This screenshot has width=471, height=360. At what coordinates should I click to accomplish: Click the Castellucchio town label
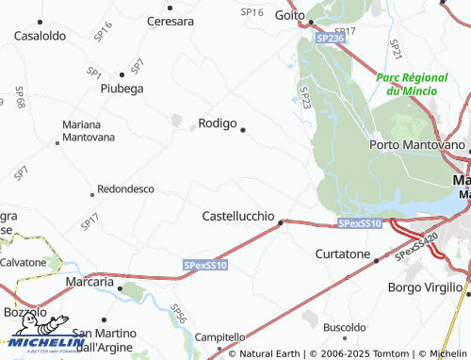[x=238, y=216]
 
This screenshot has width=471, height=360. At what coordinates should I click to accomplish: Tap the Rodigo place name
[x=217, y=123]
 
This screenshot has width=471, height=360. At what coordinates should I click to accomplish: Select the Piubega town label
[x=122, y=89]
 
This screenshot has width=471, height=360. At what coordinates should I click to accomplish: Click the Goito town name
[x=288, y=15]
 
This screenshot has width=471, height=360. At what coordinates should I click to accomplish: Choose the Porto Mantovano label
[x=417, y=146]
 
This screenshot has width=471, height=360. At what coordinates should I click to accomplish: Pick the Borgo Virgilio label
[x=428, y=287]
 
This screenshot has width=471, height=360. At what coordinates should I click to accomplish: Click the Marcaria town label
[x=89, y=282]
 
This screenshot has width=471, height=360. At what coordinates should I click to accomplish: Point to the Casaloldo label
[x=39, y=35]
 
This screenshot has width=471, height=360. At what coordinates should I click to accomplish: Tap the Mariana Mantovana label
[x=88, y=131]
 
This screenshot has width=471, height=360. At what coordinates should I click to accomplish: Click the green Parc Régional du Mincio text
[x=414, y=84]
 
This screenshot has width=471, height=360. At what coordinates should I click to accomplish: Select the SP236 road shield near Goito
[x=330, y=39]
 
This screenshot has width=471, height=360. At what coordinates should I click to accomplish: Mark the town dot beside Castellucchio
[x=280, y=223]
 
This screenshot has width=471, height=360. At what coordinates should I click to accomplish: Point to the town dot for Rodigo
[x=243, y=129]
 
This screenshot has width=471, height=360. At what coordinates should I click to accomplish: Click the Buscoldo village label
[x=344, y=327]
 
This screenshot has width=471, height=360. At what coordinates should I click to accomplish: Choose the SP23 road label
[x=304, y=96]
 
